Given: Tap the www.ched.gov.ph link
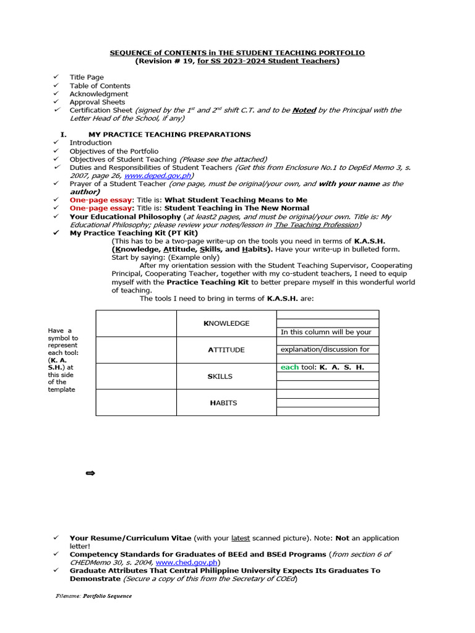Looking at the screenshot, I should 186,563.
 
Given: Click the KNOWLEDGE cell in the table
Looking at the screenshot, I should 226,323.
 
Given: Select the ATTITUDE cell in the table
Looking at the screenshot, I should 226,350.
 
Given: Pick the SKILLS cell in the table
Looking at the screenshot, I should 226,376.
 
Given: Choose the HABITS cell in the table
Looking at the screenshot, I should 226,403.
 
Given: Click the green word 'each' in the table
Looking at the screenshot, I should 289,367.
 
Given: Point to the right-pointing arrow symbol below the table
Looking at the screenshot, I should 90,474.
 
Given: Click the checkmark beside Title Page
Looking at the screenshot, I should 56,77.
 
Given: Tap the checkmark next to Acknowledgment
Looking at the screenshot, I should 56,94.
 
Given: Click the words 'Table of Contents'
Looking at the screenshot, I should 100,86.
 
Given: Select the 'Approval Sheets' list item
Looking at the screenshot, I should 97,102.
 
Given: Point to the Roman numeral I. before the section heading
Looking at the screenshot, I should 62,134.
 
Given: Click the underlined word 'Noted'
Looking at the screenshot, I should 304,110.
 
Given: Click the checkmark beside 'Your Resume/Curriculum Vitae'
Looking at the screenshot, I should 56,538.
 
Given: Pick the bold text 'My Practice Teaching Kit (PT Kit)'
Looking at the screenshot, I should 134,233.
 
